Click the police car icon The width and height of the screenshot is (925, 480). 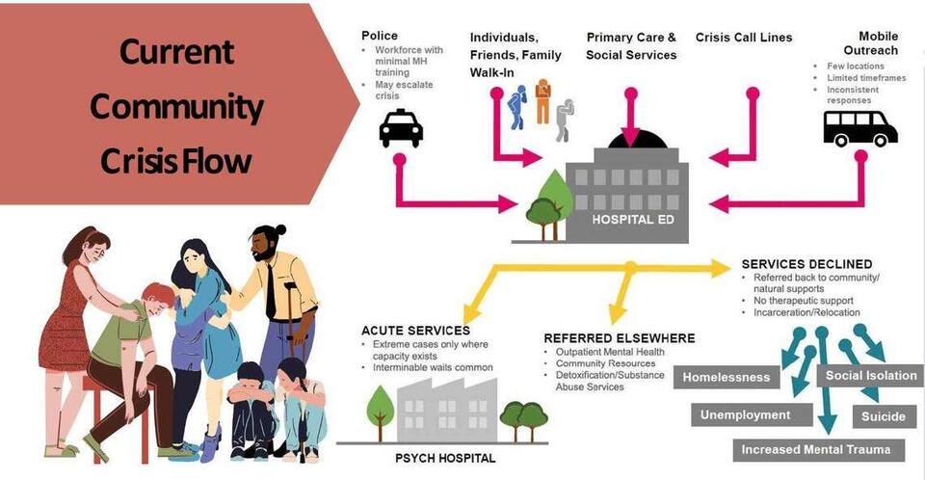401,128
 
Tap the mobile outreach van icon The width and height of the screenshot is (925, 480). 859,127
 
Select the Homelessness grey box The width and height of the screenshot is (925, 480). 727,377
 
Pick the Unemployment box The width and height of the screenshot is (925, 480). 746,415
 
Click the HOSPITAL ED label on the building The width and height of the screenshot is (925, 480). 626,219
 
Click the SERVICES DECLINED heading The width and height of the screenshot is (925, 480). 806,264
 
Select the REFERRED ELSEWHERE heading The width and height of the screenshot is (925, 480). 619,338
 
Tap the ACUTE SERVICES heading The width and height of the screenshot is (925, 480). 414,331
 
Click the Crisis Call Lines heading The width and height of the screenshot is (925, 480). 744,38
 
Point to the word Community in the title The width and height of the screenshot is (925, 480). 176,106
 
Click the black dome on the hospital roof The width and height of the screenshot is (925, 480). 631,140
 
